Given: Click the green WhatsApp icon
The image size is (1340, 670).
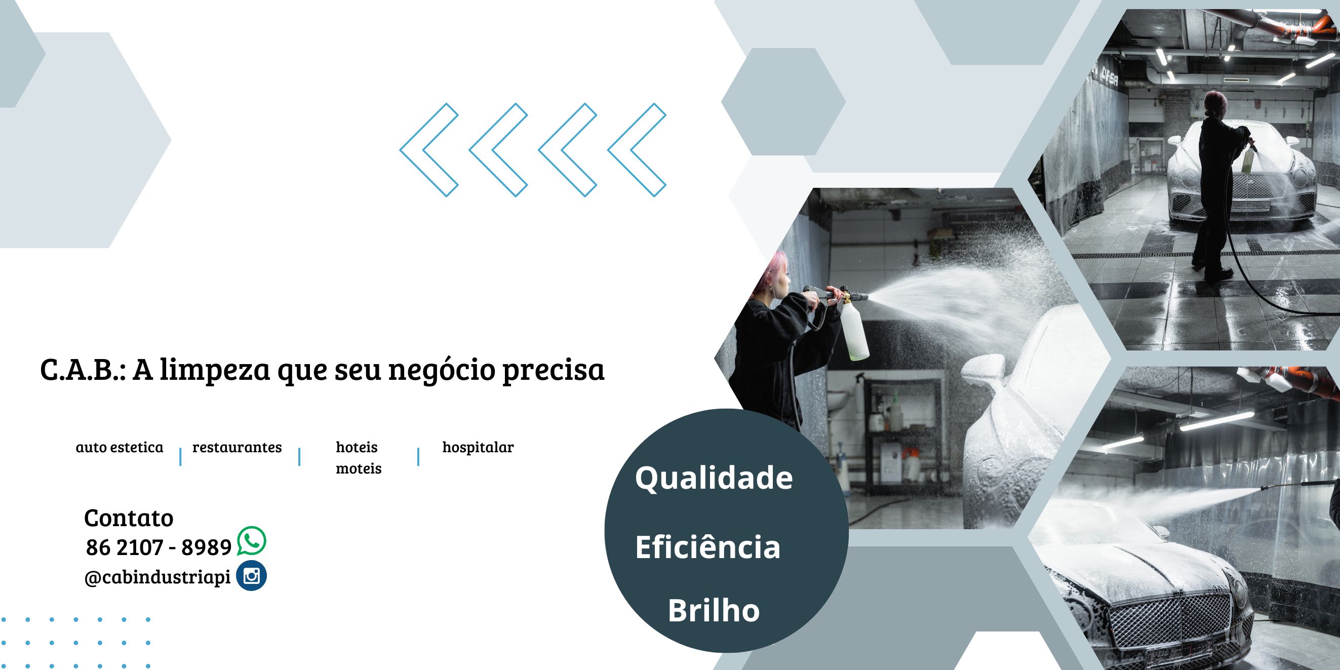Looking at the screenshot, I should (x=252, y=541).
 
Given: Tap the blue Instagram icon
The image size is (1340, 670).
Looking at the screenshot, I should (x=252, y=576).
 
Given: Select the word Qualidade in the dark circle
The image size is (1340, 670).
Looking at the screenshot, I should (x=714, y=478).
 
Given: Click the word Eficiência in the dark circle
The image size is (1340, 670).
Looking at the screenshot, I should (x=707, y=547).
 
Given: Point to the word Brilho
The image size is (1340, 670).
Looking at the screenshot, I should (x=714, y=611).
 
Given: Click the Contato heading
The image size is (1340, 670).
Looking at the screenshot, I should (x=129, y=518).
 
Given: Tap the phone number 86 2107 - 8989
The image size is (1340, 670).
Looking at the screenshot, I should (x=159, y=547).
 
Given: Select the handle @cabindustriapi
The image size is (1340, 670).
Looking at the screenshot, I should (x=157, y=577).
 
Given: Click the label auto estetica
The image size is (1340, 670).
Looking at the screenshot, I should (x=120, y=447).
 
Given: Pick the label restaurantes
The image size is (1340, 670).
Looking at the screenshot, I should (x=237, y=447).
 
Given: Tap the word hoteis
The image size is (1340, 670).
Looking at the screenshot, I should (x=357, y=447).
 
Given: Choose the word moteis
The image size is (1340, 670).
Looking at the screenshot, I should (x=359, y=468).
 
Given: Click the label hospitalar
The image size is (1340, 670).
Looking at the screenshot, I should (x=478, y=447).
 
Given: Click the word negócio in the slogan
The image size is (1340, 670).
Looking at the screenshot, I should (x=442, y=370).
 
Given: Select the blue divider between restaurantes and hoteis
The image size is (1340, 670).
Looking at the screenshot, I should (x=299, y=457).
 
